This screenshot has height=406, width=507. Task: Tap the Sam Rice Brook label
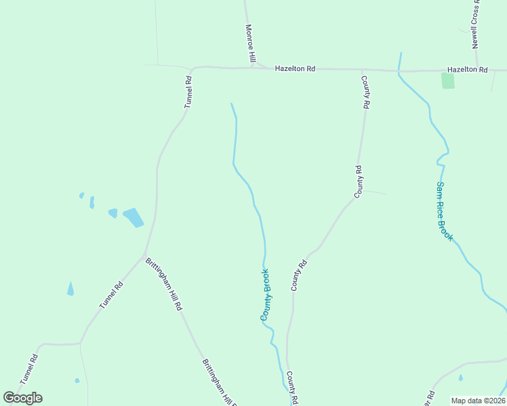[x=444, y=211]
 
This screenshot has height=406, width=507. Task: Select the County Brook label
[x=266, y=295]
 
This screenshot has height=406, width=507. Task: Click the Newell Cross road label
[x=476, y=24]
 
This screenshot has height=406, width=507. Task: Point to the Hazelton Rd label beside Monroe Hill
[x=295, y=68]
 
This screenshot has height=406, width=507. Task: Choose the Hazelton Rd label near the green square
[x=468, y=70]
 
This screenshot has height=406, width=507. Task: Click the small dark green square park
[x=447, y=81]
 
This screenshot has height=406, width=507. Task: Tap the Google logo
[x=22, y=398]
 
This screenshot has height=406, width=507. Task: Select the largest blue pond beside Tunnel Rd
[x=134, y=217]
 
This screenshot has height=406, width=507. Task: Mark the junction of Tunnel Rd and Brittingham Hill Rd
[x=144, y=256]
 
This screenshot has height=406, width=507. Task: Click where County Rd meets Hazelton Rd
[x=362, y=70]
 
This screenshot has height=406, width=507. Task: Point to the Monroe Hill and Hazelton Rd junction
[x=252, y=67]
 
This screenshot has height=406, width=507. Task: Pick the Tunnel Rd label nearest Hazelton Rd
[x=188, y=93]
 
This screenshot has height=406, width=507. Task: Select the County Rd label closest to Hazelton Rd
[x=365, y=92]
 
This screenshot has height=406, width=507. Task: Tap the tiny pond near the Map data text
[x=461, y=378]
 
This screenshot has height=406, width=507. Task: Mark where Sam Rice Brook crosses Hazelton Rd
[x=399, y=70]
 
